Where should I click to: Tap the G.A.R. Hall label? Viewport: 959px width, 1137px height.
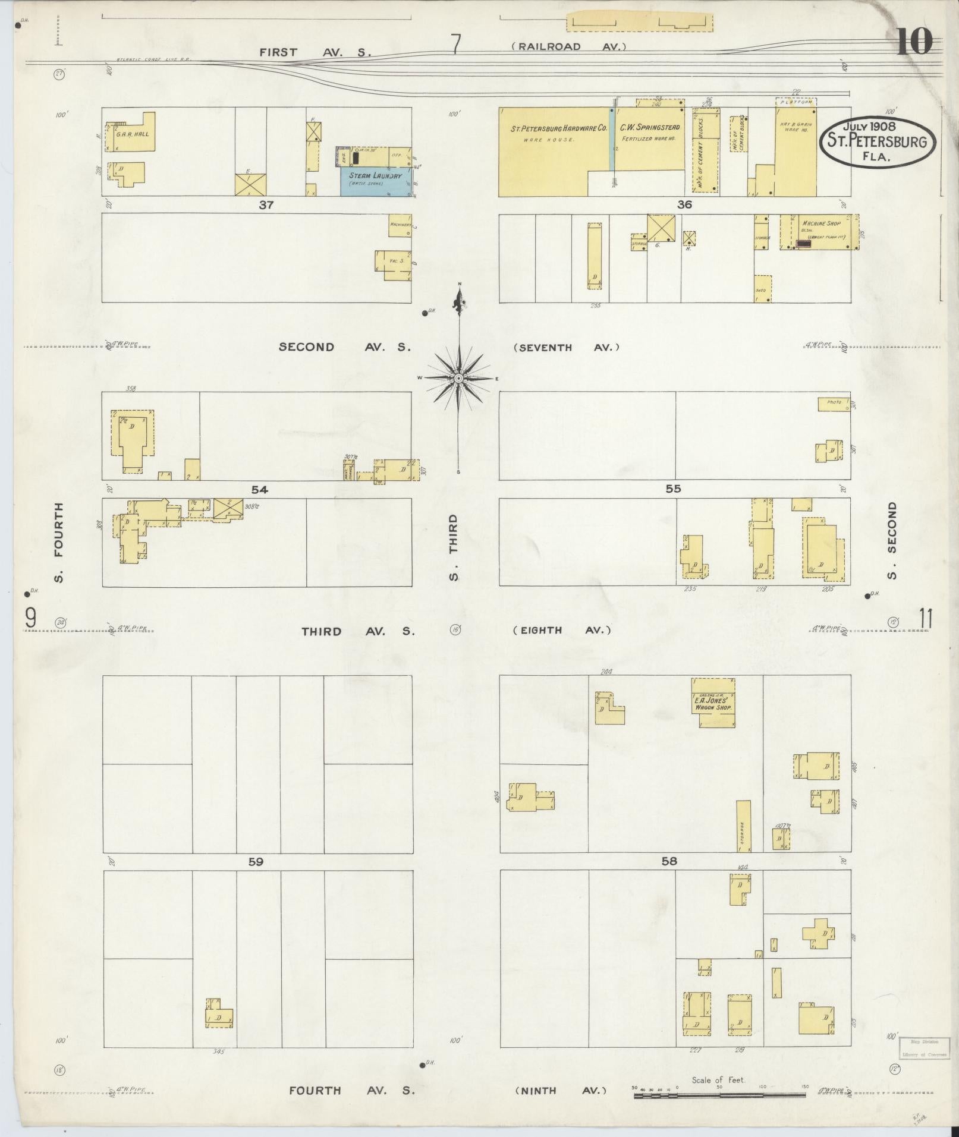point(133,134)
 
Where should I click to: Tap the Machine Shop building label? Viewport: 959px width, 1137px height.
point(820,223)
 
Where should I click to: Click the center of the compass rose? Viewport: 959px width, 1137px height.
point(458,379)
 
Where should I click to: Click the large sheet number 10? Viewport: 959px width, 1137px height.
point(914,42)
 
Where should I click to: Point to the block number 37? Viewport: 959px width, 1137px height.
point(265,204)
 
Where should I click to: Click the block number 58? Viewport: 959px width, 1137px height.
point(669,861)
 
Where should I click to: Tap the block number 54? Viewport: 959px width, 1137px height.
point(259,490)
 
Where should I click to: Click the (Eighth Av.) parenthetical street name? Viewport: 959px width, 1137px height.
point(562,630)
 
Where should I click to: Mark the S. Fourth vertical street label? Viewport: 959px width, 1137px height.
point(58,542)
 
